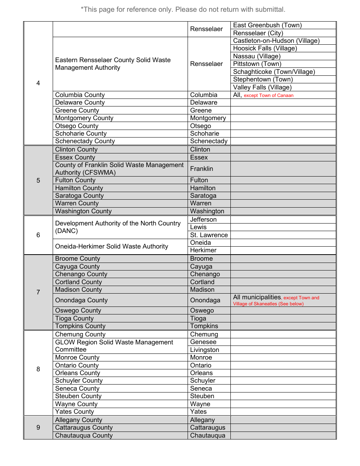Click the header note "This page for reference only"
[x=183, y=9]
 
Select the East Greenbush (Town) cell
[x=267, y=25]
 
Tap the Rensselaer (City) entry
[x=258, y=33]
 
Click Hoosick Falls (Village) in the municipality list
[x=265, y=48]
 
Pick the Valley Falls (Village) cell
[x=262, y=88]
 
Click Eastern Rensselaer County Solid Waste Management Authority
[x=113, y=64]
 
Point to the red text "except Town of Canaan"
[x=268, y=95]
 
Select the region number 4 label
[x=38, y=83]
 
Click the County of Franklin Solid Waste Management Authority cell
[x=119, y=169]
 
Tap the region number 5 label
[x=38, y=180]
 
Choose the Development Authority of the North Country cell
[x=117, y=227]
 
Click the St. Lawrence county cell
[x=209, y=235]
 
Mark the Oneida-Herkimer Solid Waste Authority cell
[x=111, y=247]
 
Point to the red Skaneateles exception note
[x=276, y=301]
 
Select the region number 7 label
[x=38, y=292]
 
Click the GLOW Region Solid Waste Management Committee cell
[x=114, y=346]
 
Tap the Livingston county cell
[x=205, y=350]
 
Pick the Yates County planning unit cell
[x=75, y=412]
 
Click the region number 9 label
[x=38, y=428]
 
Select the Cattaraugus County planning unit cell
[x=84, y=428]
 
